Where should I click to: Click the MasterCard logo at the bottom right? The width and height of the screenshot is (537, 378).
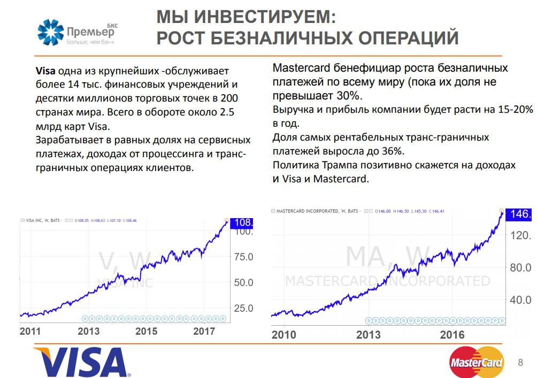click(477, 362)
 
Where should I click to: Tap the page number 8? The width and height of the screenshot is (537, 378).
click(520, 362)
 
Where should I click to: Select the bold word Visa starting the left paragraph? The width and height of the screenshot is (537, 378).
click(45, 71)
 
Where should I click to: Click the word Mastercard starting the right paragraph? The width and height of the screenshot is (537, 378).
click(302, 68)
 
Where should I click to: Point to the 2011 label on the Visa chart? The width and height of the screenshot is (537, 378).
click(30, 331)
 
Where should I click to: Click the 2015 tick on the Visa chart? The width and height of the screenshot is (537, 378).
click(147, 331)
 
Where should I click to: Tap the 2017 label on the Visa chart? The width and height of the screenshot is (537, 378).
click(204, 331)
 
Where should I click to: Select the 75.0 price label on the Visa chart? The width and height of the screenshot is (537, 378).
click(244, 257)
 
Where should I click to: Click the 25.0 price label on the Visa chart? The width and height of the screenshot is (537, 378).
click(244, 308)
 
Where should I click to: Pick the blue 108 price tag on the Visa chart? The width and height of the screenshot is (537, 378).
click(241, 222)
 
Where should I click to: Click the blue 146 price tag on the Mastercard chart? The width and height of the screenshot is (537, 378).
click(519, 214)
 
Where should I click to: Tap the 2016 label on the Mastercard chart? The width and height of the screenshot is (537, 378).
click(452, 335)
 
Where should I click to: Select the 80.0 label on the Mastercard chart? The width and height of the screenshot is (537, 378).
click(520, 267)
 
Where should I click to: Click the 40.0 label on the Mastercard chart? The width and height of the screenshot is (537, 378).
click(520, 299)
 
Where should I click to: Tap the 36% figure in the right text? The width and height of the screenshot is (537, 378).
click(393, 151)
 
